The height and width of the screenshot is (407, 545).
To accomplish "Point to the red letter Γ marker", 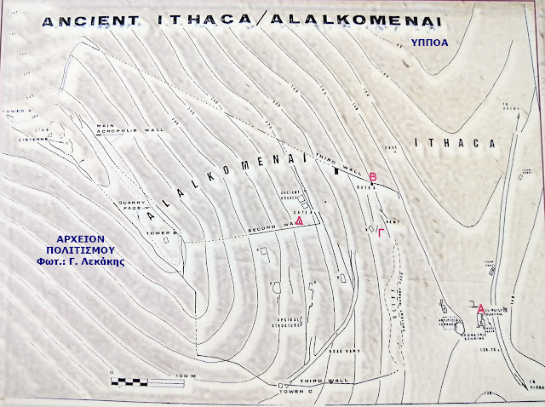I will coord(381,230).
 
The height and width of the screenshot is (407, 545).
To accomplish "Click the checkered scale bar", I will coord(135,374).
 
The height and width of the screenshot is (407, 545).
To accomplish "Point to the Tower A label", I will coord(20,111).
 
